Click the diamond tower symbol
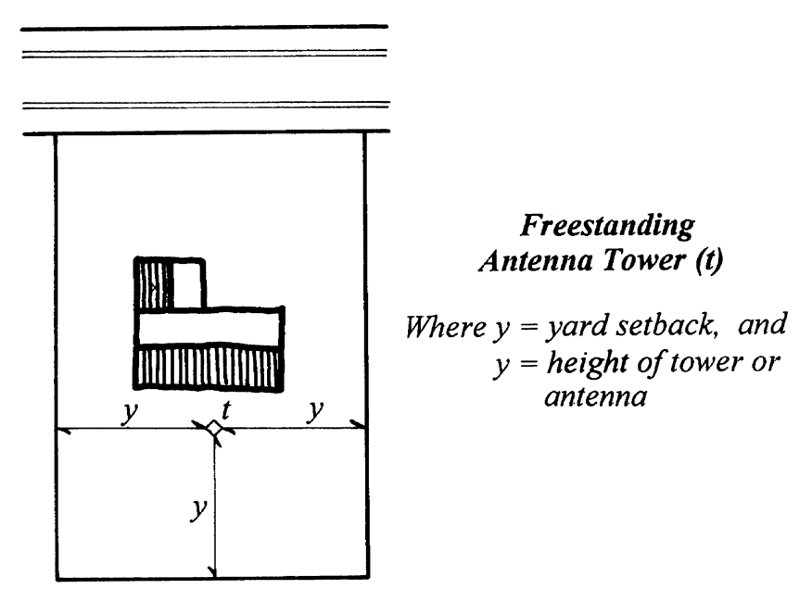pos(213,428)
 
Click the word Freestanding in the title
pos(607,225)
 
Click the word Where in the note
pos(438,326)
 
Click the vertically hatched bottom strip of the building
pos(209,368)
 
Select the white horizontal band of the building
pos(209,328)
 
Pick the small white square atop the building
pos(188,284)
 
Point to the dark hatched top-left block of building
pos(154,284)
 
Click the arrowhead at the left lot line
pos(63,429)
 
